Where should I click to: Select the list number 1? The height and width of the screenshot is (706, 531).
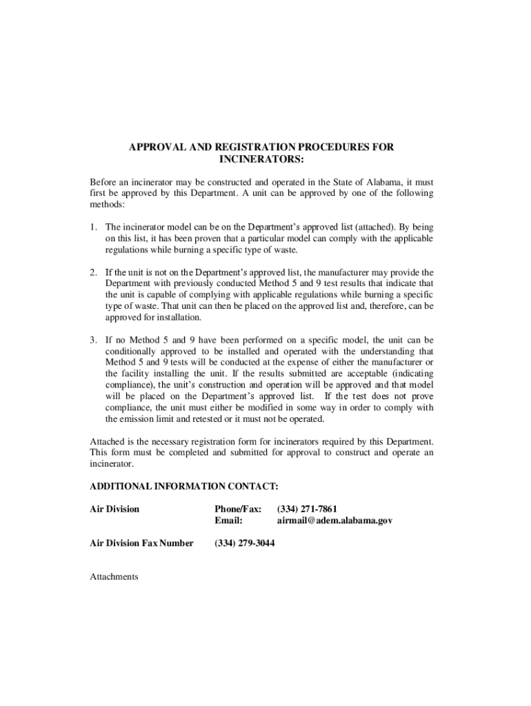[93, 227]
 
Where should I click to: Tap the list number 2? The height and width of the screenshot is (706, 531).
[93, 272]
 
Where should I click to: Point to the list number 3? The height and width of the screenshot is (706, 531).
[93, 341]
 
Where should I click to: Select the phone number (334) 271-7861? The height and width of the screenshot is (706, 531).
[307, 509]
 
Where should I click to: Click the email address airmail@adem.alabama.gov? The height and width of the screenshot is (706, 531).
[334, 521]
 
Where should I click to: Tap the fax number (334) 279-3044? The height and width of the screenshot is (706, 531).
[246, 543]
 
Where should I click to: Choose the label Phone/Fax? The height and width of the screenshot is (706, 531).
[238, 509]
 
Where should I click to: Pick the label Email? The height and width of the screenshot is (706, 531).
[228, 521]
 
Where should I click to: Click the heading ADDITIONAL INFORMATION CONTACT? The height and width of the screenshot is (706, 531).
[184, 487]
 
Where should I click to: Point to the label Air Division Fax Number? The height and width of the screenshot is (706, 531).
[142, 543]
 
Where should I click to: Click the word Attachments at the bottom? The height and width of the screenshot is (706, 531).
[114, 576]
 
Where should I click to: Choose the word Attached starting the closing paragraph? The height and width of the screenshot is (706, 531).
[109, 441]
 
